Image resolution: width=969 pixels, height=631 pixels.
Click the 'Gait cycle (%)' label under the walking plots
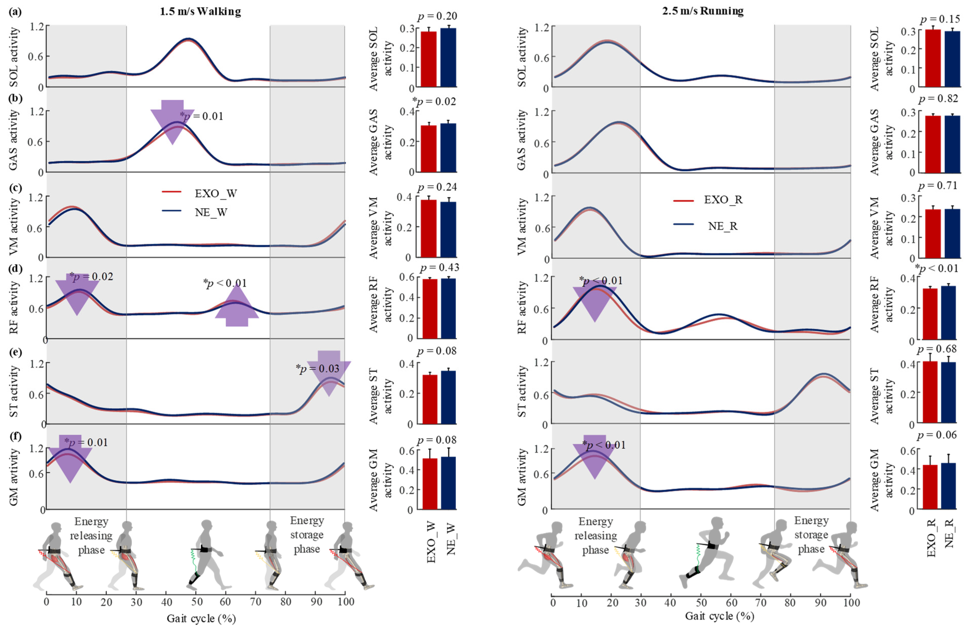201,618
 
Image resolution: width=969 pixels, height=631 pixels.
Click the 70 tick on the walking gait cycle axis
255,602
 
